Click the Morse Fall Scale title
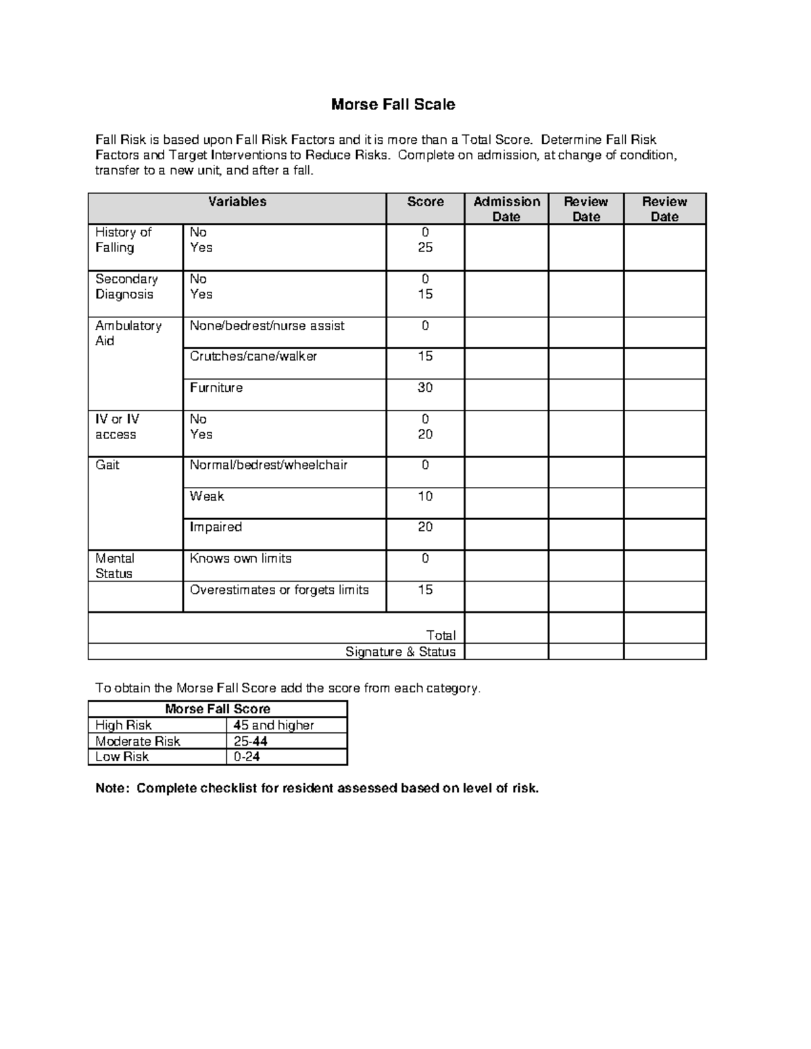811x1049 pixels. coord(393,105)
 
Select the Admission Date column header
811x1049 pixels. coord(506,209)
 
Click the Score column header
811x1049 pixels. coord(425,202)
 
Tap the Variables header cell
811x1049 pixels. coord(237,202)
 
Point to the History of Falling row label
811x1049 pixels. coord(124,240)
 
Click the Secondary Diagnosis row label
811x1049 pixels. coord(126,286)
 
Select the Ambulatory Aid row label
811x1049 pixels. coord(128,333)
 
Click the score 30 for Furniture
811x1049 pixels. coord(425,388)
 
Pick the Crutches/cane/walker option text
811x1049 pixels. coord(253,356)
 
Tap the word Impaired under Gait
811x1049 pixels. coord(216,527)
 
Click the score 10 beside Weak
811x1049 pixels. coord(425,496)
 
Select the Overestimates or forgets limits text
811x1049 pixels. coord(279,590)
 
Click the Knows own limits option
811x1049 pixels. coord(241,559)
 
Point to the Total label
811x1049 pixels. coord(441,635)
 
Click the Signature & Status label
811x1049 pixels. coord(400,652)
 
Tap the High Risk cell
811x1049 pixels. coord(124,725)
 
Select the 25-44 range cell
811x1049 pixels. coord(251,741)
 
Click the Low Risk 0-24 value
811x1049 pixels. coord(247,757)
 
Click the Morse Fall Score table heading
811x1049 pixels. coord(218,709)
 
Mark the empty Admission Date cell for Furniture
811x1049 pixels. coord(506,394)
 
